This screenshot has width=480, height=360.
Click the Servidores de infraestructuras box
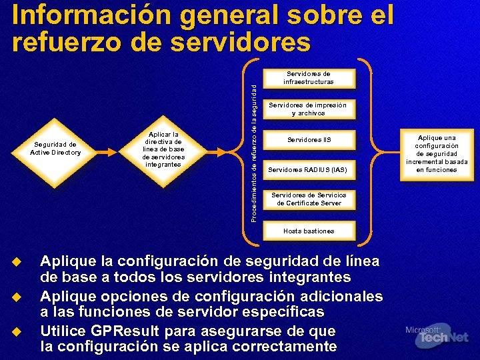(x=308, y=78)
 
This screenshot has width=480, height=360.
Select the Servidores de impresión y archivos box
(x=308, y=109)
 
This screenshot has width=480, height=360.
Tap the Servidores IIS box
(x=309, y=140)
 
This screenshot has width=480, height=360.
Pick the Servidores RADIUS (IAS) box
(x=308, y=170)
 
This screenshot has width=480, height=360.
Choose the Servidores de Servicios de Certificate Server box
(x=308, y=199)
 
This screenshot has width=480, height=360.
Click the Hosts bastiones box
(x=308, y=231)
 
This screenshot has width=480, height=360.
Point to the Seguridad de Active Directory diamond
(x=55, y=149)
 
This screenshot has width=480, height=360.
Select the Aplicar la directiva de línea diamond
(x=163, y=149)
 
